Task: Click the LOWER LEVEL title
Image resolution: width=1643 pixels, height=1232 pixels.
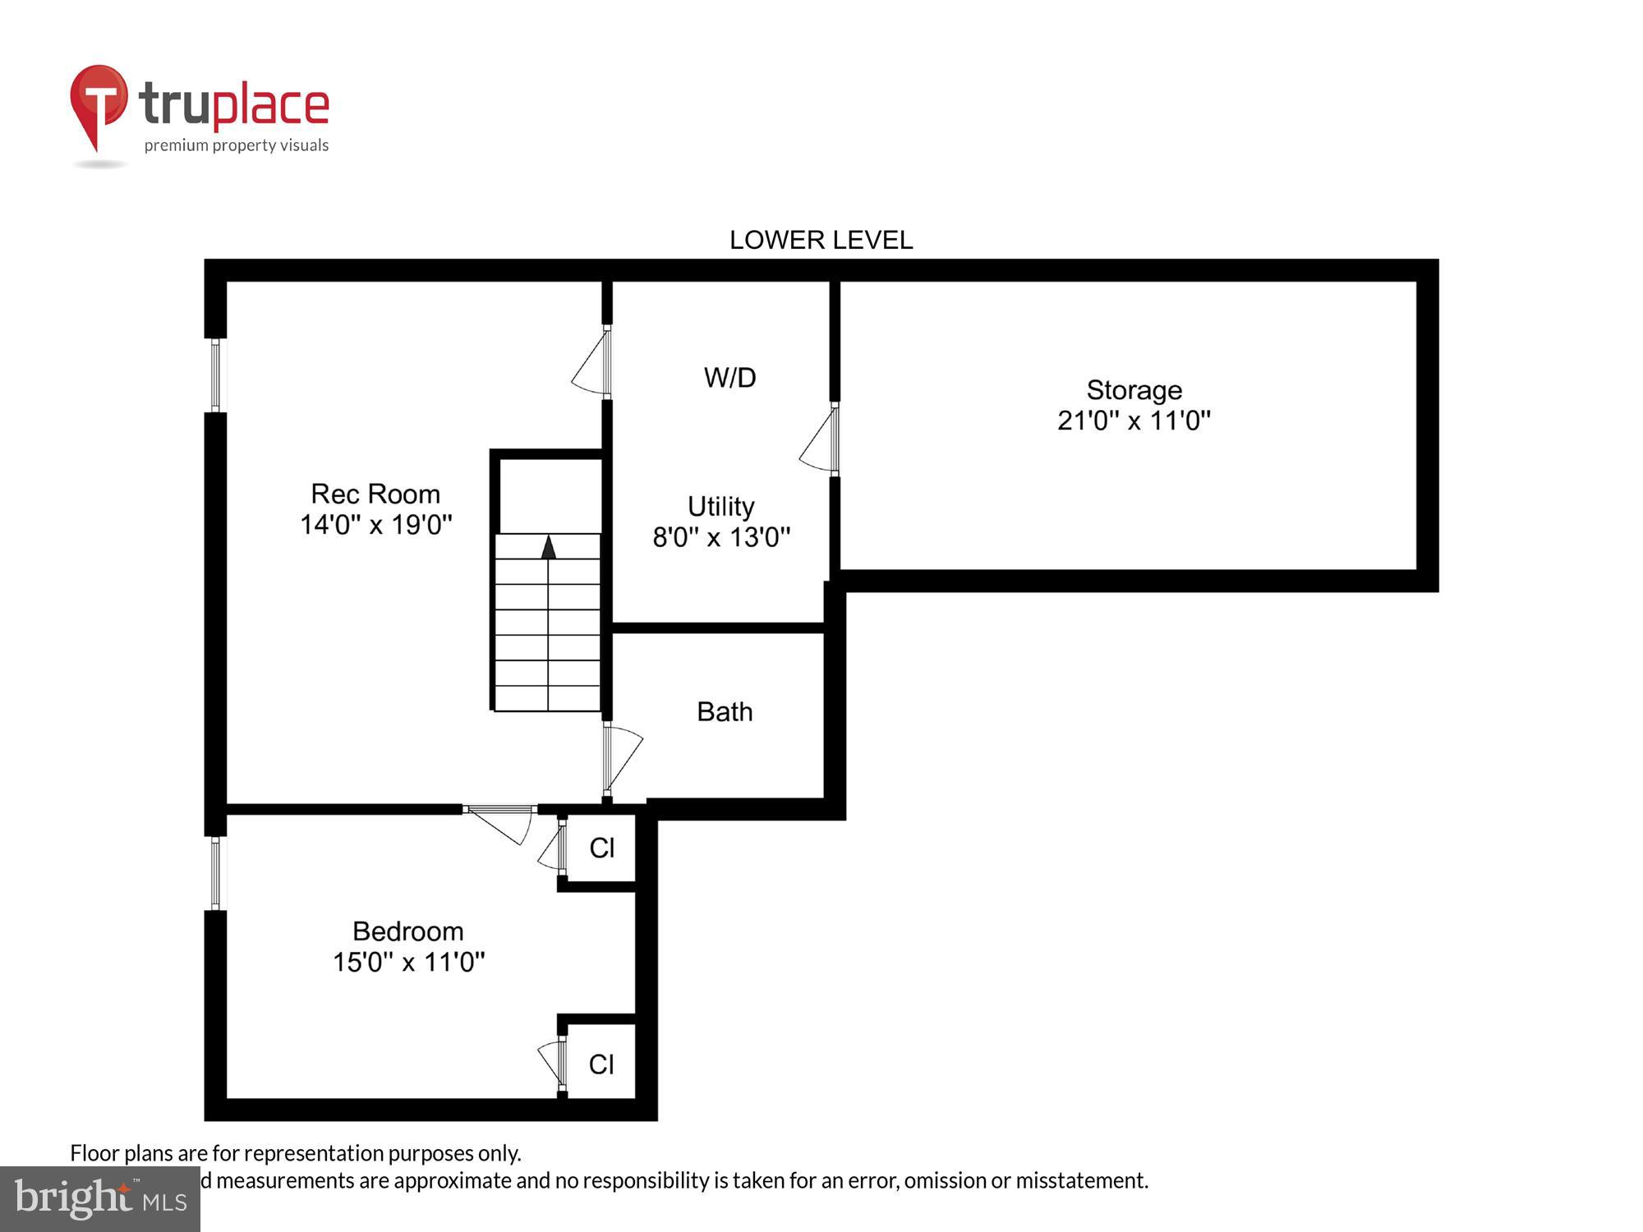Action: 821,240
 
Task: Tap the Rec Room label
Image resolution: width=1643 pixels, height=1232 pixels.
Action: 375,494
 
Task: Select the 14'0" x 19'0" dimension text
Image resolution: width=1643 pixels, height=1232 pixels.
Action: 375,524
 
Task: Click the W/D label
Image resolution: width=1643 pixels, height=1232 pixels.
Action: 729,378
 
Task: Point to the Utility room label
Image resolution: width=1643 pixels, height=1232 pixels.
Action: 720,506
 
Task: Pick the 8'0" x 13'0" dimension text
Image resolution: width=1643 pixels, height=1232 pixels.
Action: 720,537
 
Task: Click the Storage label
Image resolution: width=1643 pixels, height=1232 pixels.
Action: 1134,389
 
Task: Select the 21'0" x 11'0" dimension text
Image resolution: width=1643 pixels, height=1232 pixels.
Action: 1134,421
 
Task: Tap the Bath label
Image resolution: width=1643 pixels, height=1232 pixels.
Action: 725,711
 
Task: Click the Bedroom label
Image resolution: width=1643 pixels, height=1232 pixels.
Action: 407,931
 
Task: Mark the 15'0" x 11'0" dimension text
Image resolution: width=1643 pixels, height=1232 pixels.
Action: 407,962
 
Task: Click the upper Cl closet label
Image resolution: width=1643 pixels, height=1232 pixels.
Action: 601,848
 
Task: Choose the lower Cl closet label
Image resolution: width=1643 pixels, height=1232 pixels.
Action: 601,1064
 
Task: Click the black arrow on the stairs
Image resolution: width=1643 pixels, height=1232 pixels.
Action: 548,547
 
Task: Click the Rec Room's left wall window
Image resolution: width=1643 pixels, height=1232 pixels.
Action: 215,375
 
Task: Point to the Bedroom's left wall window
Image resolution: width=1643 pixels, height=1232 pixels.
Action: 215,873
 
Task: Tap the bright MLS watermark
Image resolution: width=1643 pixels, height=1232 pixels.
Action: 100,1199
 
